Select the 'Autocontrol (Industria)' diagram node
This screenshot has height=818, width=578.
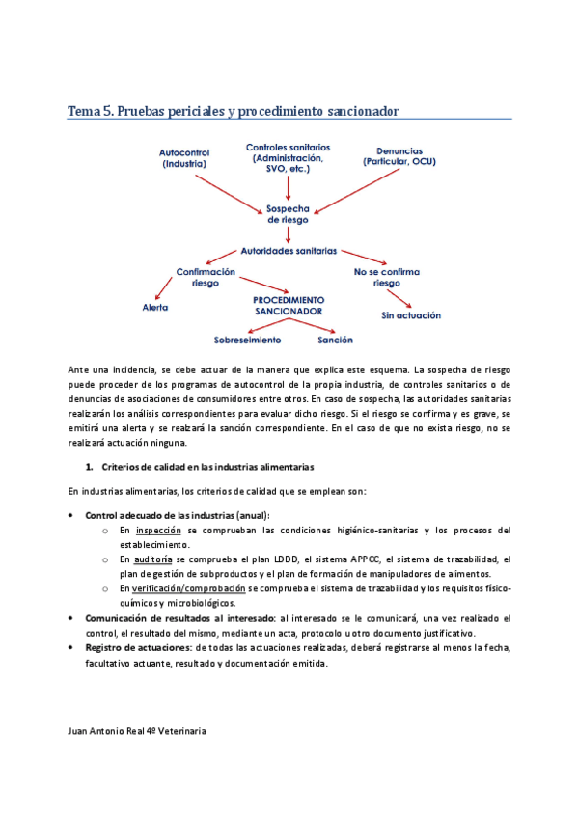click(184, 158)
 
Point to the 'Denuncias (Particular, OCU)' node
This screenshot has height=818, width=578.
click(398, 156)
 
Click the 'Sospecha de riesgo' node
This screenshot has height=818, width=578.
click(289, 213)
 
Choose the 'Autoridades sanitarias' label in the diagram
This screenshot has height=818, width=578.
click(289, 251)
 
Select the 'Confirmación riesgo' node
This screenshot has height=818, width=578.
click(206, 278)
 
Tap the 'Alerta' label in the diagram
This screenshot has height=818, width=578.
click(155, 308)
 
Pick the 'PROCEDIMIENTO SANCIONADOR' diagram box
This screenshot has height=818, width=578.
click(288, 306)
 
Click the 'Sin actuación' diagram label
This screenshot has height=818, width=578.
click(411, 315)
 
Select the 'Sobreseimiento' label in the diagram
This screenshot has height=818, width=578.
click(247, 340)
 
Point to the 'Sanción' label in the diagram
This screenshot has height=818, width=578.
click(335, 340)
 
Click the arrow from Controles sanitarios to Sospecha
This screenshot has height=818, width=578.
click(288, 188)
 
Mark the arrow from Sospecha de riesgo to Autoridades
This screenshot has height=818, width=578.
click(289, 233)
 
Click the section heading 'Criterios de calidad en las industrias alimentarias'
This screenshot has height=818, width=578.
click(206, 467)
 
